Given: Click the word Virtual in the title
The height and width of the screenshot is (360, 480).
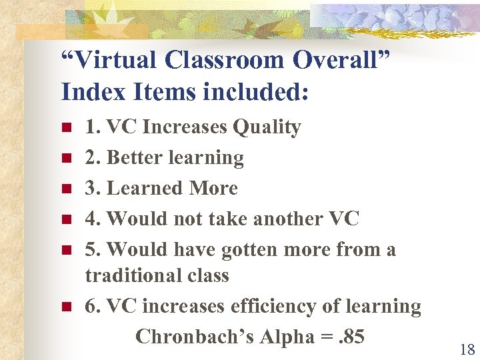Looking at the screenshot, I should point(117,60).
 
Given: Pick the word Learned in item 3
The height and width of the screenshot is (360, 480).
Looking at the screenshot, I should point(145,188).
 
